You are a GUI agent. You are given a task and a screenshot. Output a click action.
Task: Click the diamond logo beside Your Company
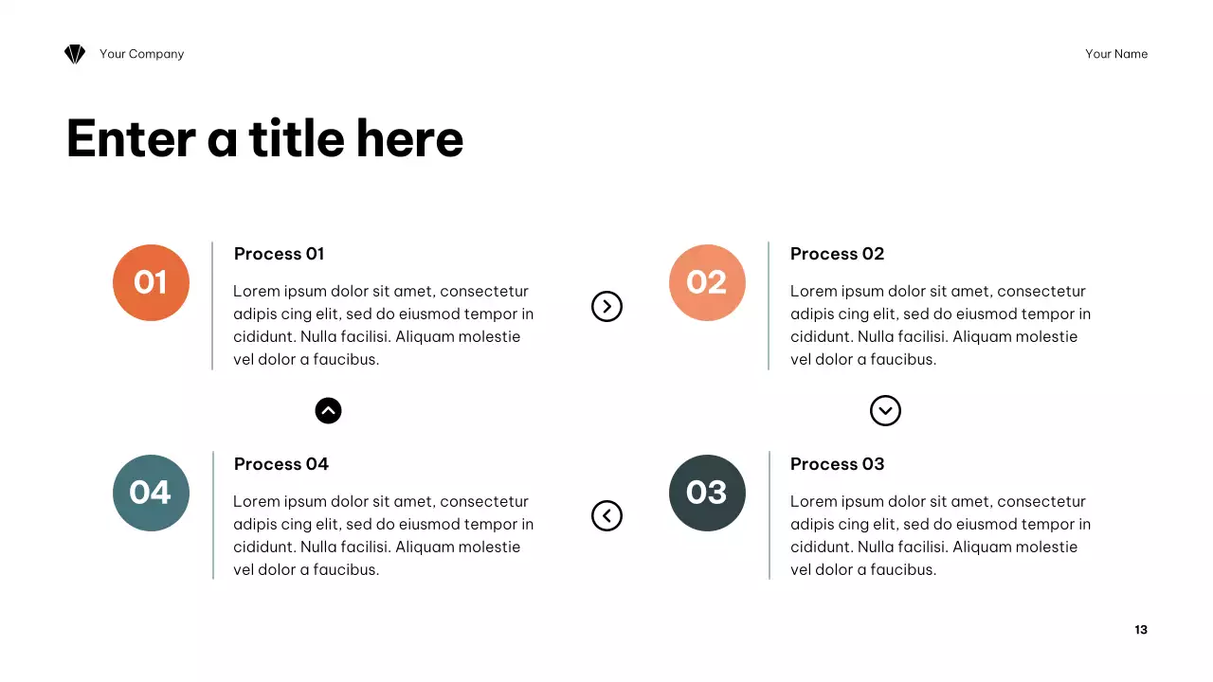(x=75, y=54)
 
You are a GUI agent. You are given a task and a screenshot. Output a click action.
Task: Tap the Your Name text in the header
(x=1116, y=54)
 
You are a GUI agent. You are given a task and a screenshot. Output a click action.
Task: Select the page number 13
(x=1141, y=630)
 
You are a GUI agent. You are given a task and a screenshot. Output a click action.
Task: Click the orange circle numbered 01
(x=151, y=282)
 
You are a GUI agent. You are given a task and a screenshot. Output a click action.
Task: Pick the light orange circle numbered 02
(x=707, y=282)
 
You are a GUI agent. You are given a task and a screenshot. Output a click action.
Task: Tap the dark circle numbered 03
(x=707, y=493)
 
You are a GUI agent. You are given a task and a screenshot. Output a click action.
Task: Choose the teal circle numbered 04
(x=151, y=493)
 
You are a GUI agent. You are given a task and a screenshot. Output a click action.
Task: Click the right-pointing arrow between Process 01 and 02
(x=606, y=306)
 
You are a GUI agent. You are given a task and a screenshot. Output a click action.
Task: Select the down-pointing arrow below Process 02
(x=885, y=410)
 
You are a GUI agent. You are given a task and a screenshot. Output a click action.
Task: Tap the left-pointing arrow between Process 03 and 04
(x=606, y=515)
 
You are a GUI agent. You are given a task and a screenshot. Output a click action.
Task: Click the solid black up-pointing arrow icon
(x=328, y=410)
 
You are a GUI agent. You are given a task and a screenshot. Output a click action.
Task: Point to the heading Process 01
(x=279, y=254)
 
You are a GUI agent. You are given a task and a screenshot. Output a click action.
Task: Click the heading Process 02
(x=837, y=254)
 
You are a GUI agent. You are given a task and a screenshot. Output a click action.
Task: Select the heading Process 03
(x=837, y=464)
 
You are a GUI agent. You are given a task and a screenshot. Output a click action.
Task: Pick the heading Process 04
(x=281, y=464)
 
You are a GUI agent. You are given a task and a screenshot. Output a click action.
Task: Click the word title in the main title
(x=297, y=138)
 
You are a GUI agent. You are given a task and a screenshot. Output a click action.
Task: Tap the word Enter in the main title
(x=131, y=138)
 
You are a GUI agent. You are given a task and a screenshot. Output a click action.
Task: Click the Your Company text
(x=142, y=54)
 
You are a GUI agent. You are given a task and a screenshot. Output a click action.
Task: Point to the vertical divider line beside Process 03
(x=769, y=515)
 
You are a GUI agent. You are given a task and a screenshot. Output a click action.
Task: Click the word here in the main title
(x=410, y=138)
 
